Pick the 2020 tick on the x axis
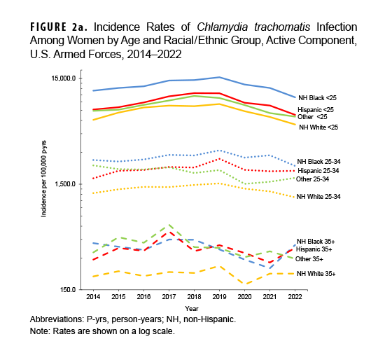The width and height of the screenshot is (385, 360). point(245,298)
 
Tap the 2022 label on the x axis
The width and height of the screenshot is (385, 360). point(295,298)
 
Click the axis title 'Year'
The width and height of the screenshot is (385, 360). point(192,308)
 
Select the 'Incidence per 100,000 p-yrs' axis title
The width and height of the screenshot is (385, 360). point(43,184)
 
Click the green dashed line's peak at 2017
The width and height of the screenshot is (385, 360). point(169,226)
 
